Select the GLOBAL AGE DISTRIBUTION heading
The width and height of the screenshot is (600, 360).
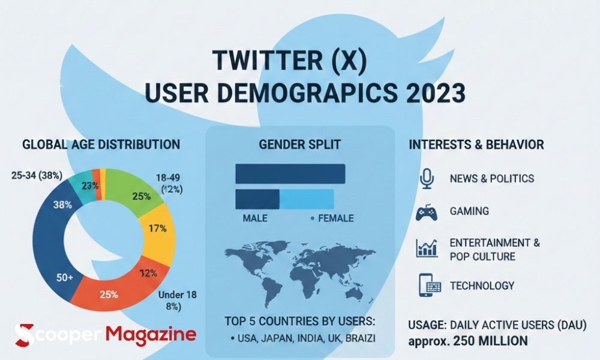[x=101, y=145]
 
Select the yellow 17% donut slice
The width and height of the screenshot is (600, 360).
[x=157, y=230]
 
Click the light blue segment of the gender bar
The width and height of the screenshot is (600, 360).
[x=307, y=199]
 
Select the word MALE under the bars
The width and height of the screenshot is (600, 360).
[x=255, y=218]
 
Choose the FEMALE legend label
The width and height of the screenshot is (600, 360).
[x=335, y=218]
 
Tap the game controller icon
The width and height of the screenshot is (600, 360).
[x=427, y=212]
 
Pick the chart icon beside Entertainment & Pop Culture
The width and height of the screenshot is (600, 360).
[x=427, y=248]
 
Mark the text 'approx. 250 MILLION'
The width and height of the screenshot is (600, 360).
[x=468, y=341]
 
